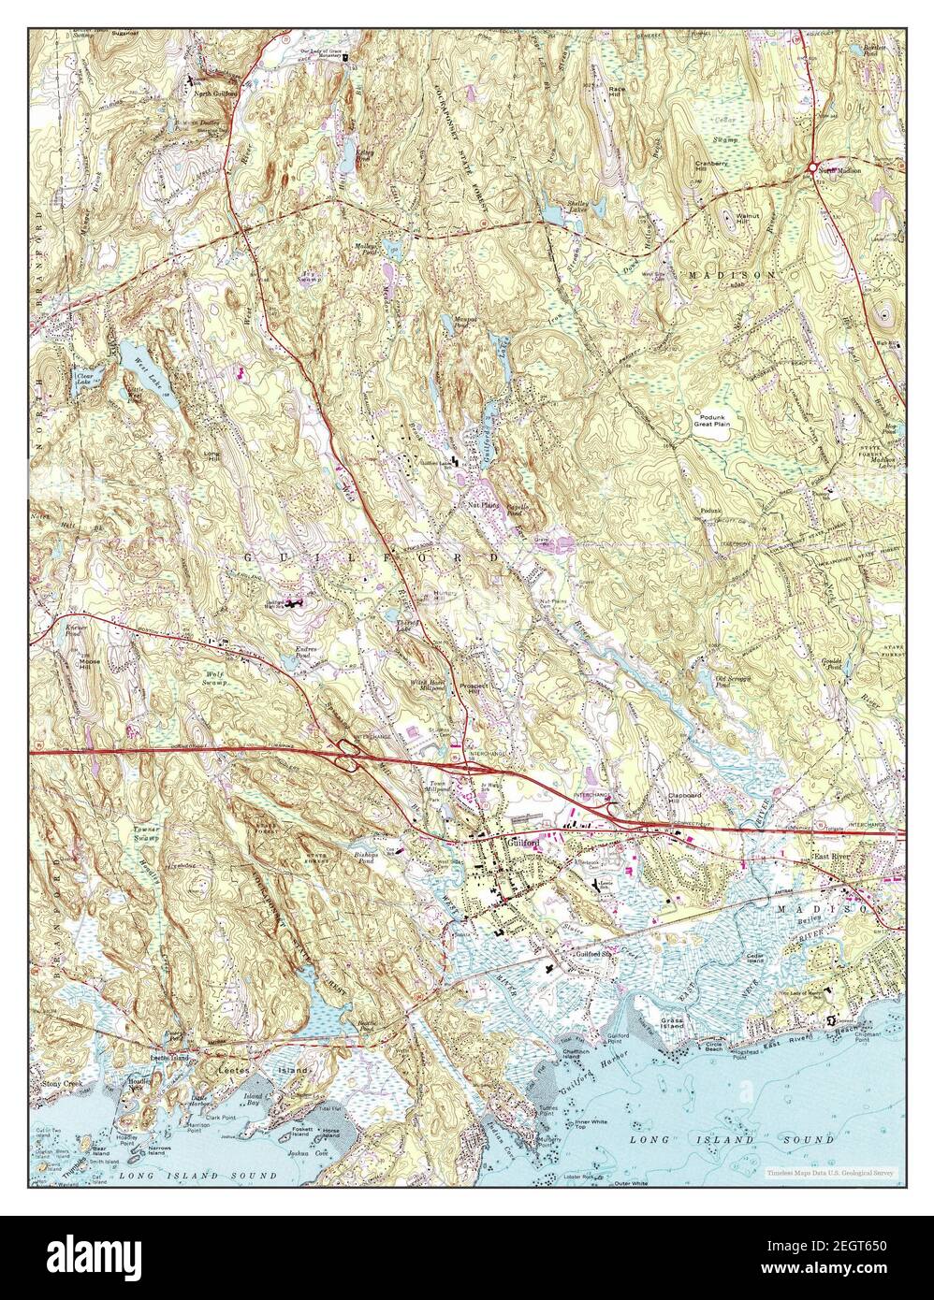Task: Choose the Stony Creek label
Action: [x=64, y=1082]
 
